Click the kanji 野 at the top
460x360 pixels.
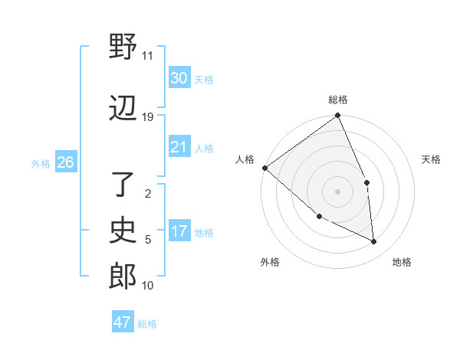(x=123, y=49)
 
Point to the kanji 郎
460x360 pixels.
(x=123, y=277)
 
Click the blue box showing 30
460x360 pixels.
(x=179, y=77)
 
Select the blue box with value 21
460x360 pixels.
(x=179, y=147)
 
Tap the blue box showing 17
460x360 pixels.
(x=179, y=231)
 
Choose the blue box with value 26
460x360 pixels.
(x=65, y=162)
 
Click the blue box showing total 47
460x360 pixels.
(x=122, y=322)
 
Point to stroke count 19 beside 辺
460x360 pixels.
(x=148, y=116)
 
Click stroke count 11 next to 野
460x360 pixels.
(x=148, y=56)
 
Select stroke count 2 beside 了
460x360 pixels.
(x=148, y=194)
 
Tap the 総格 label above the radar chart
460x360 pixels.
(x=338, y=100)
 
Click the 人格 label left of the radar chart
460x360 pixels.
(x=245, y=159)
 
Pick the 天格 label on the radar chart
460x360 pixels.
(x=432, y=159)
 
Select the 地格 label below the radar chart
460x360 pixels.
(x=402, y=262)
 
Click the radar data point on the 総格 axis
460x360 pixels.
(x=338, y=116)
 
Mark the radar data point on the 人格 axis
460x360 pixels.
(x=264, y=168)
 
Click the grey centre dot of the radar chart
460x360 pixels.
(x=337, y=191)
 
